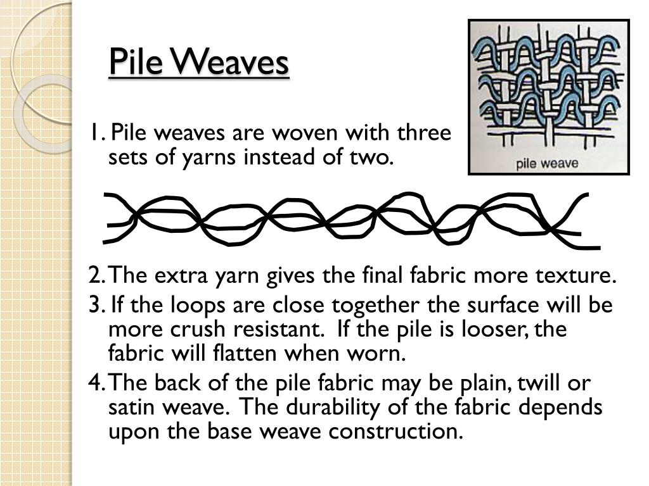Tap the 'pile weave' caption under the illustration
(x=547, y=164)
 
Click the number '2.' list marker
(x=98, y=276)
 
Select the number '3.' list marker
(x=98, y=306)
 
